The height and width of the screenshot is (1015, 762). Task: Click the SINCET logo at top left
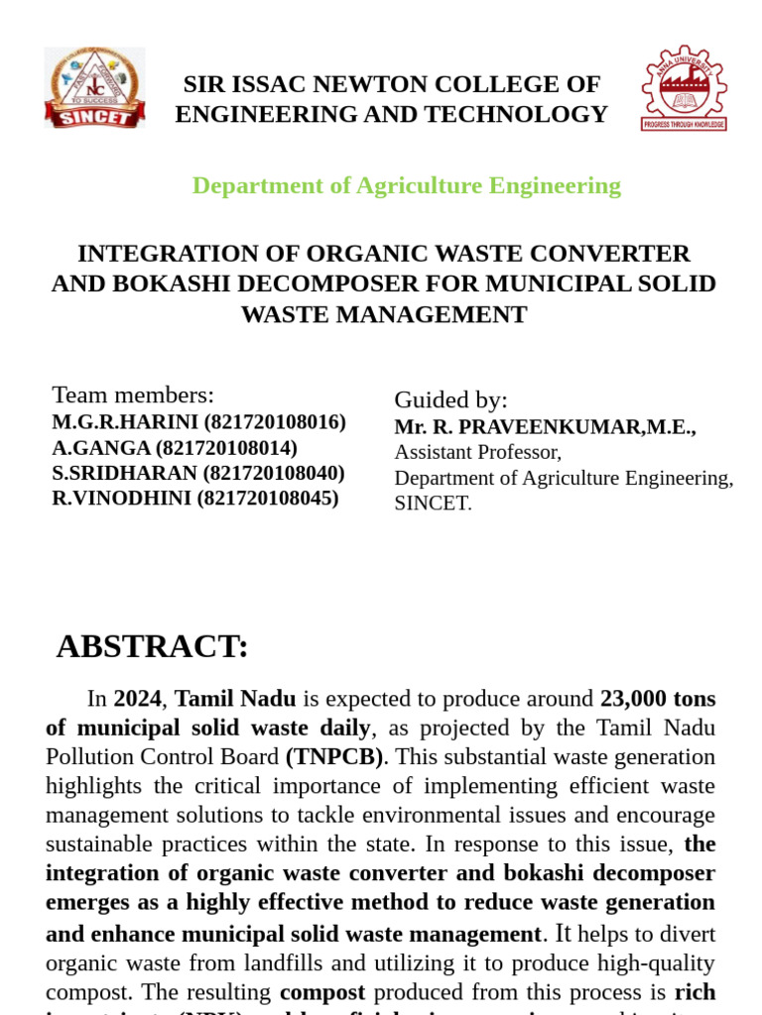(x=94, y=87)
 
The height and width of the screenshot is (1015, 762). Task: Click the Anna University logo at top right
(x=684, y=87)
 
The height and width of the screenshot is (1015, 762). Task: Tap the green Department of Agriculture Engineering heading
(x=406, y=185)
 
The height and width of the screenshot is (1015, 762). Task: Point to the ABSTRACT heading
(x=152, y=646)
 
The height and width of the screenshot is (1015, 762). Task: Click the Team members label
(x=133, y=395)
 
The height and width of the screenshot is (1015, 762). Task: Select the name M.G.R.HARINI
(x=125, y=422)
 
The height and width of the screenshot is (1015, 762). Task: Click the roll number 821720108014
(x=226, y=448)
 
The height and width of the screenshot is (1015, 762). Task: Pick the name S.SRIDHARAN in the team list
(x=125, y=473)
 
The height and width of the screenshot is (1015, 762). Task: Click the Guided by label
(x=450, y=400)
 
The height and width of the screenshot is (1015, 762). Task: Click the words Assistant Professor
(x=477, y=452)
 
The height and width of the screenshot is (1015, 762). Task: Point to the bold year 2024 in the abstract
(x=137, y=699)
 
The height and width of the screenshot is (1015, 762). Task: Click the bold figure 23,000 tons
(x=657, y=699)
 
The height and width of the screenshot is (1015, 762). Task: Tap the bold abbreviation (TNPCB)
(x=334, y=757)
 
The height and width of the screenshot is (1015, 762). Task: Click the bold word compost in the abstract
(x=322, y=992)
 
